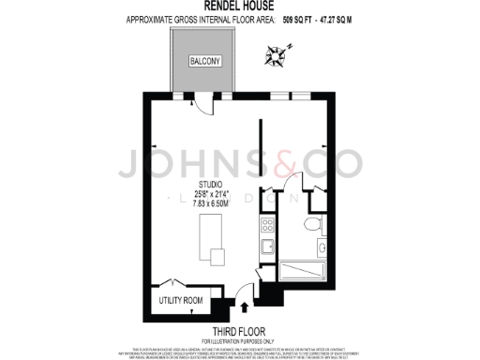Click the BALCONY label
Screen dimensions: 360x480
click(204, 62)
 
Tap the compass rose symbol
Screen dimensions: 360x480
click(275, 58)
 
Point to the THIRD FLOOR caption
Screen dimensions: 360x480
click(239, 331)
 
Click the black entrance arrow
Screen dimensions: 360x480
click(245, 305)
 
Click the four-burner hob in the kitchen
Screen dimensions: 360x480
click(266, 226)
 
